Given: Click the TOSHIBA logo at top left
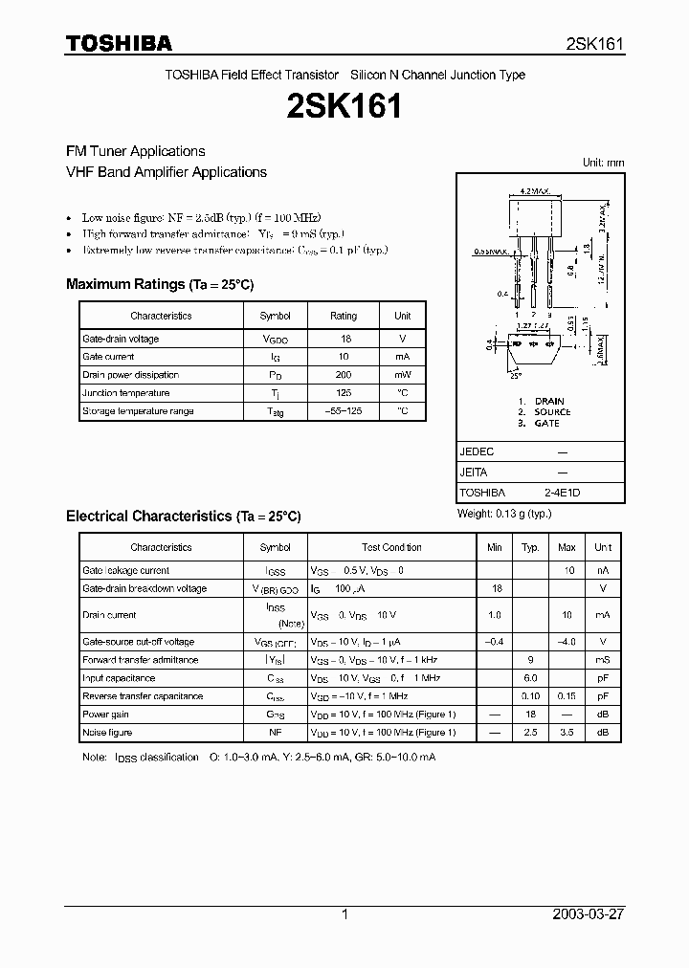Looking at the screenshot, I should click(x=118, y=43).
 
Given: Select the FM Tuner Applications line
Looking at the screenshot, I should click(x=135, y=151).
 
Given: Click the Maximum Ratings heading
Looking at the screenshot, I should click(x=160, y=284).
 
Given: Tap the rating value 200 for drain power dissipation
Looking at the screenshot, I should click(x=343, y=375).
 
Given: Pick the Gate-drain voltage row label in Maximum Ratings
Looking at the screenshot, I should click(x=121, y=339).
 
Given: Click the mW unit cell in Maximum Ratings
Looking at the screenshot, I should click(x=402, y=375).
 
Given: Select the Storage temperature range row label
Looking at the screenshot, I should click(x=138, y=411).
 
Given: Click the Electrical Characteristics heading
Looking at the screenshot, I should click(x=183, y=516).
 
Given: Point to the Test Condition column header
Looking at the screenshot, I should click(x=391, y=547).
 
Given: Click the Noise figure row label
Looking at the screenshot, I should click(x=107, y=733).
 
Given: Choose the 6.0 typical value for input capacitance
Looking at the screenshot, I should click(x=530, y=678).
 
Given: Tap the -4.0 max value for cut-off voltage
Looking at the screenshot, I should click(x=567, y=642).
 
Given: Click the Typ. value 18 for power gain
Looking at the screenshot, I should click(x=530, y=715).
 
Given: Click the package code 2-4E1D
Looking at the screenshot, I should click(x=562, y=493).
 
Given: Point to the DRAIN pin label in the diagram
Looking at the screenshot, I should click(x=549, y=401).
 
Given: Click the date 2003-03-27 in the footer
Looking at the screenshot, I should click(x=589, y=914).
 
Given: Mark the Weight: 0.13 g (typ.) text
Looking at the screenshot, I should click(x=504, y=514).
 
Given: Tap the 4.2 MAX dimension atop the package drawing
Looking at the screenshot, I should click(x=532, y=191).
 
